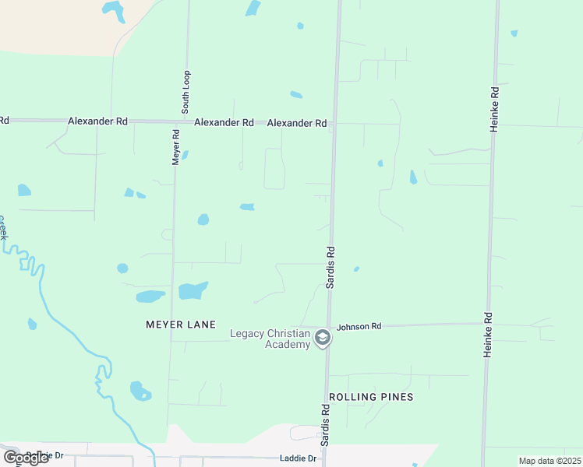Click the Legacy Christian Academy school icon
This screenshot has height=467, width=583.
(x=323, y=339)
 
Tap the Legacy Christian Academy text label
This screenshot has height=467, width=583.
(x=270, y=339)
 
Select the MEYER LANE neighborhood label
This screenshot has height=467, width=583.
(x=180, y=324)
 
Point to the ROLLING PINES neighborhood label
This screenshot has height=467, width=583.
(x=371, y=397)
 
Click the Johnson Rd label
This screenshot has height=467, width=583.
(x=359, y=326)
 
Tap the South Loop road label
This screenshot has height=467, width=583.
(x=186, y=92)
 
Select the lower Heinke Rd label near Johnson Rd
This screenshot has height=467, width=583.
(x=488, y=335)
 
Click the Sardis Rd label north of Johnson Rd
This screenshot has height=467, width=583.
(x=330, y=267)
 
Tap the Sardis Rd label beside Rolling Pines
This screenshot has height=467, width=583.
(x=324, y=424)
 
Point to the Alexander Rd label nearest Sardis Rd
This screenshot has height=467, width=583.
(x=297, y=123)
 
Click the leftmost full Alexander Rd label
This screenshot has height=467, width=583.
(x=97, y=121)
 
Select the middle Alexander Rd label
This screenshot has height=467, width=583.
(x=224, y=122)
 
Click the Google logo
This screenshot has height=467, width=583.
(x=26, y=458)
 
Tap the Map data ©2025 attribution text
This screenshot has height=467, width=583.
(x=550, y=461)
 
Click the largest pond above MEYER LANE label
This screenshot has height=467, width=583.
(x=193, y=290)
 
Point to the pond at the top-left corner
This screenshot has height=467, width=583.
(x=113, y=10)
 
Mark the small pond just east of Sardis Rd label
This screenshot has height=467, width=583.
(x=356, y=269)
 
